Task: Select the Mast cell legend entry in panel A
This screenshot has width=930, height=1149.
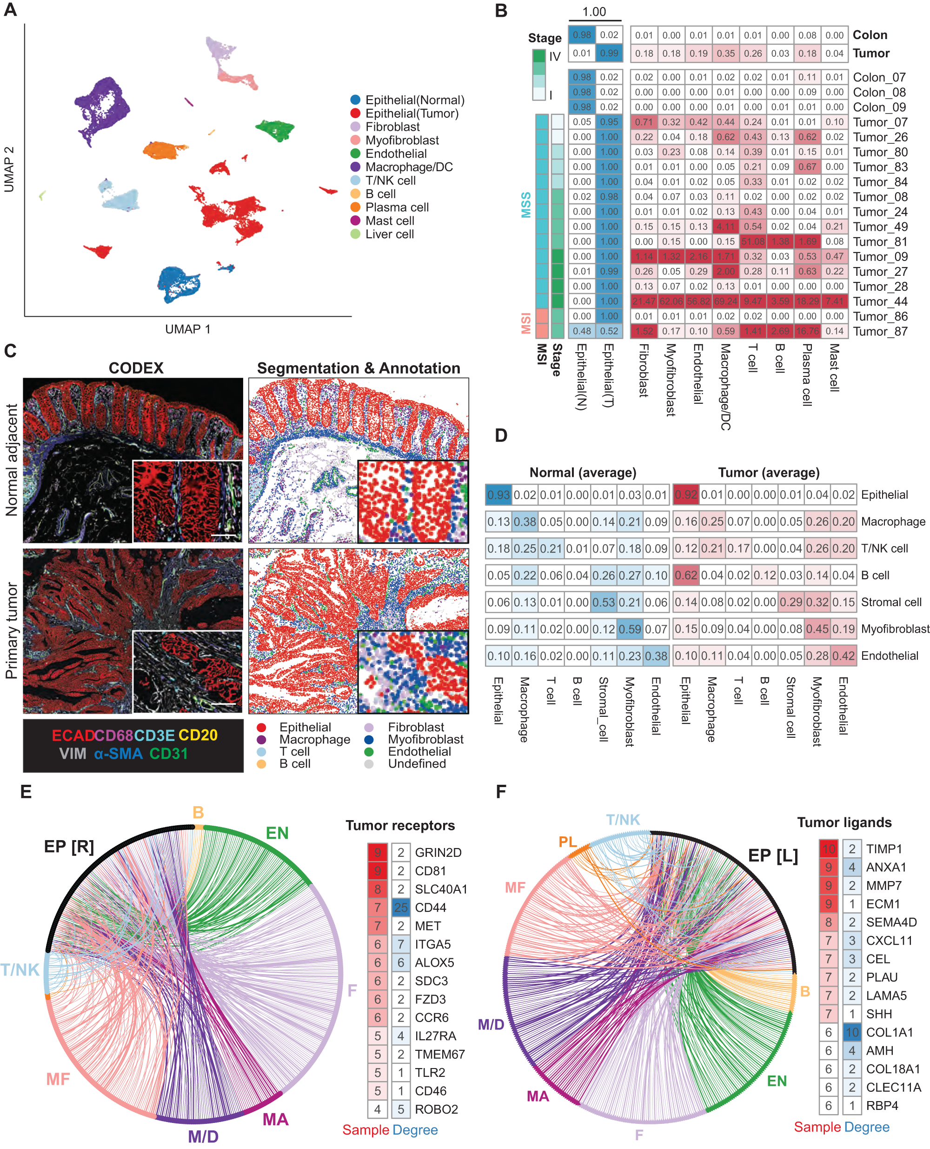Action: (390, 221)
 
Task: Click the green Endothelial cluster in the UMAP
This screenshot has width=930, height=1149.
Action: (275, 129)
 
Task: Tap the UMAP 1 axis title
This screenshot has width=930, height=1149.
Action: (187, 329)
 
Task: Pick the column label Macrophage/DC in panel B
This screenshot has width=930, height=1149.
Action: (725, 386)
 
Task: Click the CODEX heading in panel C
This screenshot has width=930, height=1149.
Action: (136, 368)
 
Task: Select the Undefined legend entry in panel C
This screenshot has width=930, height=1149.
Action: (417, 764)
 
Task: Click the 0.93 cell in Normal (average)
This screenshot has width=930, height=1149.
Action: (498, 494)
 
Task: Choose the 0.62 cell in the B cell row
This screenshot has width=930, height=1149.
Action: (686, 575)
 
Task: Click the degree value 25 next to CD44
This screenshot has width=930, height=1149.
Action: (401, 907)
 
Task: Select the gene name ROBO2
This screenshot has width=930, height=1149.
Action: (436, 1109)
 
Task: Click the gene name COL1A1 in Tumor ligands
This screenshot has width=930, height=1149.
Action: (889, 1032)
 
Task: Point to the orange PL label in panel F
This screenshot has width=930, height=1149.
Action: (567, 842)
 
